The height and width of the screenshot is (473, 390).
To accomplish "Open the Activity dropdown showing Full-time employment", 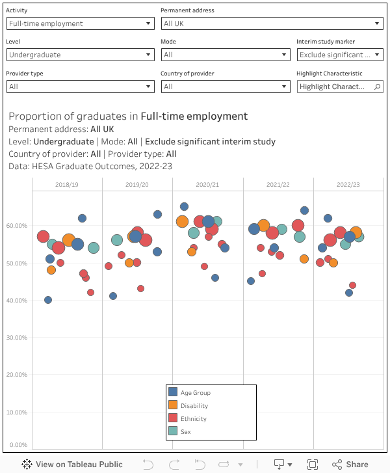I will (80, 23).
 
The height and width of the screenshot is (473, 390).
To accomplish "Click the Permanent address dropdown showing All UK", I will (272, 23).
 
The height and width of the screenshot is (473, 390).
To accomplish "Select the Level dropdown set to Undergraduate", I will (80, 55).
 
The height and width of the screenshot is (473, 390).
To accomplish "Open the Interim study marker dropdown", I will (339, 55).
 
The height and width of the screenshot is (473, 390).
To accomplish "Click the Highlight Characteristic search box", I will (339, 87).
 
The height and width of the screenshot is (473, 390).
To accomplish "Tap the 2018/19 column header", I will (67, 185).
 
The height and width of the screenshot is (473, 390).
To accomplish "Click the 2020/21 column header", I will (207, 185).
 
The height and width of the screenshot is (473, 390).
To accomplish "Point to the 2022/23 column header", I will (348, 185).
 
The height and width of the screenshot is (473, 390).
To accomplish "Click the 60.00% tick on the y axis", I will (16, 226).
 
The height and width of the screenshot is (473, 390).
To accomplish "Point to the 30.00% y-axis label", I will (16, 338).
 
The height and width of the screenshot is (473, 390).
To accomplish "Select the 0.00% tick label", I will (18, 445).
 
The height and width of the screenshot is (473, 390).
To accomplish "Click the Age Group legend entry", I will (196, 392).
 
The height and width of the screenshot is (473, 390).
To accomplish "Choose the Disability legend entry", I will (194, 406).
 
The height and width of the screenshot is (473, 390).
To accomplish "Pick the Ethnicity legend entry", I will (194, 419).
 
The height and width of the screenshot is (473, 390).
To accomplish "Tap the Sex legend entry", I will (186, 431).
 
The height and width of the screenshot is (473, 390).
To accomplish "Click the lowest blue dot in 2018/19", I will (48, 300).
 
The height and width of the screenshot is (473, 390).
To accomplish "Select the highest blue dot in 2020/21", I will (184, 207).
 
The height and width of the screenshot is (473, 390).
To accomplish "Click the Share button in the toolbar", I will (350, 464).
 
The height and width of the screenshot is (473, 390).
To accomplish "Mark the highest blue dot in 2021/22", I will (304, 210).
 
